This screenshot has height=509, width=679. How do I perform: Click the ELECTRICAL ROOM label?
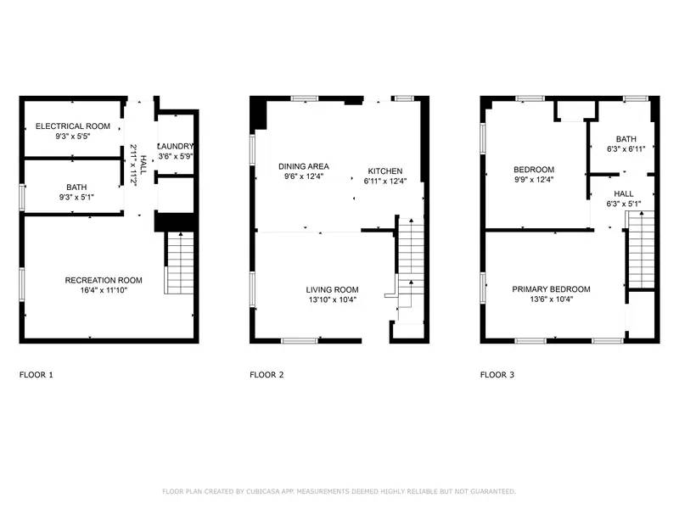click(74, 126)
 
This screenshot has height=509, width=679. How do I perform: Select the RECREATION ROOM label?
click(104, 280)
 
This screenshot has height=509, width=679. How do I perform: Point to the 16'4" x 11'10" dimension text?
click(104, 290)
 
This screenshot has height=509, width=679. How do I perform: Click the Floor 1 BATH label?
click(76, 187)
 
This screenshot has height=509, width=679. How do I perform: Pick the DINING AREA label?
click(304, 166)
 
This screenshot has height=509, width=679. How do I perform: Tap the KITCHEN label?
click(384, 171)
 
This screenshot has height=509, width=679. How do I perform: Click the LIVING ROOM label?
click(332, 289)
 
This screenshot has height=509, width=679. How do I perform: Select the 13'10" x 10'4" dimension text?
click(332, 299)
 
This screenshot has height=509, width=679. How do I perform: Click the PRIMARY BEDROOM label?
click(551, 289)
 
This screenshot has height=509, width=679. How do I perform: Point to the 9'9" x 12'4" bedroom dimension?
click(534, 179)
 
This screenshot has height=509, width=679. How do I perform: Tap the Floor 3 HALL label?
click(624, 193)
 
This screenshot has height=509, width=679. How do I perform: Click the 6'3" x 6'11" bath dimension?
click(626, 148)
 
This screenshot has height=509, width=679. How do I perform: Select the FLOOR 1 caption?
click(37, 374)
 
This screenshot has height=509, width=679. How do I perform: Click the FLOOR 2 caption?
click(267, 374)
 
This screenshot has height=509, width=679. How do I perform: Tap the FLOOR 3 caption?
click(497, 374)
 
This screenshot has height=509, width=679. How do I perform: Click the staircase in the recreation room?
click(179, 262)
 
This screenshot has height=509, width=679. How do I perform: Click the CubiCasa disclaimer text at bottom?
click(339, 491)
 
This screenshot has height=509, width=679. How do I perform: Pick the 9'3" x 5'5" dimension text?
click(74, 136)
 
